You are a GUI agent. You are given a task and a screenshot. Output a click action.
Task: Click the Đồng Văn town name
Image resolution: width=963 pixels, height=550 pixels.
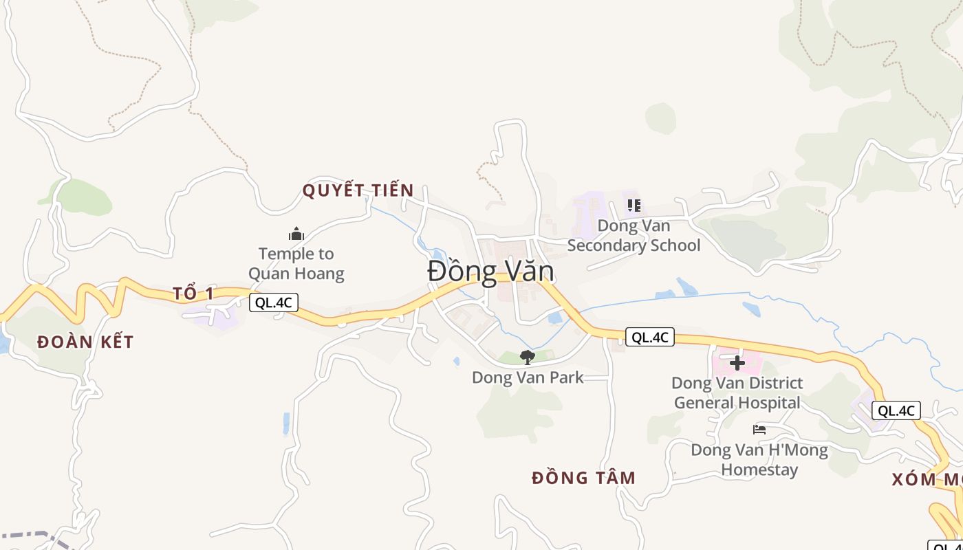coord(490,272)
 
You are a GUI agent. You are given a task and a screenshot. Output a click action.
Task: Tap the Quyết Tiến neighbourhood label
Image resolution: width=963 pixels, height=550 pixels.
coord(358,190)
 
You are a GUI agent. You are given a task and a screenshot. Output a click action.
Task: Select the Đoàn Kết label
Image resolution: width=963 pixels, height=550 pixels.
coord(85,342)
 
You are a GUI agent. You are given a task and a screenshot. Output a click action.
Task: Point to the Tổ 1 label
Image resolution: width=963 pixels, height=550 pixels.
coord(193,294)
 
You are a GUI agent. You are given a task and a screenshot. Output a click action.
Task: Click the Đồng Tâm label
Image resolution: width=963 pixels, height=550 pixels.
coord(584,478)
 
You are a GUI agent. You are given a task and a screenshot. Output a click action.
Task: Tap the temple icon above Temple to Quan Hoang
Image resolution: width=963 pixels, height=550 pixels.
coord(296,234)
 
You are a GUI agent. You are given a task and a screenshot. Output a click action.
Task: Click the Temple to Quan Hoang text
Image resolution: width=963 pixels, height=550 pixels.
coord(296,263)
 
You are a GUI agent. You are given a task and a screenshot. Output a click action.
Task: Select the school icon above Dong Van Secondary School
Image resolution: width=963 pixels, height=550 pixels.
coord(634,205)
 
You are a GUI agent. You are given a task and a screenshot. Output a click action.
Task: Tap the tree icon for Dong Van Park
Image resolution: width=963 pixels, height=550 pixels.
coord(528,357)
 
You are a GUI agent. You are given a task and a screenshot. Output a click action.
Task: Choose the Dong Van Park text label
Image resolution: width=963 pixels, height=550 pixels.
coord(528,377)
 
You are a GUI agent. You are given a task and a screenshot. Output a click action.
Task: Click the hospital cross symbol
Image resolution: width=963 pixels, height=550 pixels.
coord(737,362)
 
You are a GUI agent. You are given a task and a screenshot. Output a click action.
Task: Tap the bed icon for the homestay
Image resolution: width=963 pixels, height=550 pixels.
coord(759,430)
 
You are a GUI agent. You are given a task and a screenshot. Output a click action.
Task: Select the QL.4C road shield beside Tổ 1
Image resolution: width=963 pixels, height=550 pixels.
coord(274,302)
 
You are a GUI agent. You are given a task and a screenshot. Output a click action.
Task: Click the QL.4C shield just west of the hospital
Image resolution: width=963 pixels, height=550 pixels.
coord(649,337)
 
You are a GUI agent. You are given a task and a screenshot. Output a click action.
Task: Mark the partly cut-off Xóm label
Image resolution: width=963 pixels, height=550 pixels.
coord(927,479)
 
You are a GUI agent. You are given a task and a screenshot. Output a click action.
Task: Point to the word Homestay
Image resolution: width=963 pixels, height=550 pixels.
coord(759,470)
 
